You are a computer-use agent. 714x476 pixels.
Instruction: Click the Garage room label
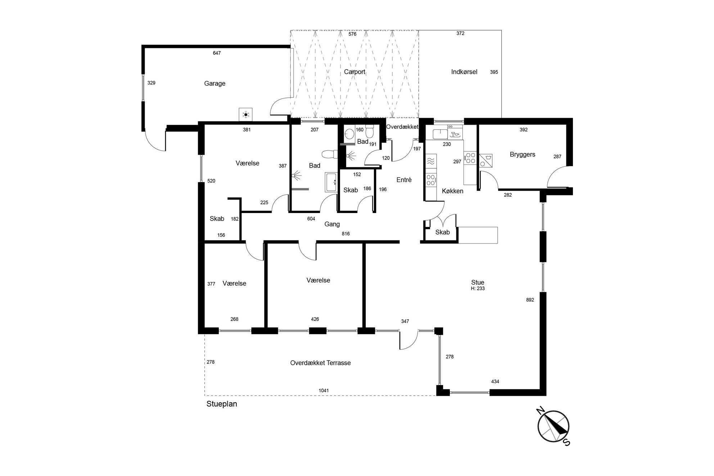coord(214,83)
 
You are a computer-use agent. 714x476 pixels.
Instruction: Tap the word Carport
coord(354,72)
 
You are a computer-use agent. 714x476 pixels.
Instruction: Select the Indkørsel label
coord(464,72)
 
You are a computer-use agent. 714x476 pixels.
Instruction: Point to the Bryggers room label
coord(523,155)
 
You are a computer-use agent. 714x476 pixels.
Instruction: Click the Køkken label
coord(452,191)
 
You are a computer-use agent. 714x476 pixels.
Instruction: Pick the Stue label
coord(478,282)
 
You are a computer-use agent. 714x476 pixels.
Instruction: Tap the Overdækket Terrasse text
coord(320,363)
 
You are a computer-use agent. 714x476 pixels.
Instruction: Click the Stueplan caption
coord(222,404)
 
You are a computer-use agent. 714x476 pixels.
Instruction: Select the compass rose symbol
coord(553,426)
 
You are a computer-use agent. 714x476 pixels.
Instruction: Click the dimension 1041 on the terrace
coord(324,390)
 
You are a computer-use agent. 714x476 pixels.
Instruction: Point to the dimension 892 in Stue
coord(530,300)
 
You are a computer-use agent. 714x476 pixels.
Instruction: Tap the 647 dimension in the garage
coord(217,53)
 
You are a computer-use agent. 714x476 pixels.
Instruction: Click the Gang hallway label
coord(332,225)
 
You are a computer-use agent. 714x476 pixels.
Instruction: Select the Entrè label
coord(404,180)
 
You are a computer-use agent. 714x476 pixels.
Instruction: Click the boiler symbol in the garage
coord(246,115)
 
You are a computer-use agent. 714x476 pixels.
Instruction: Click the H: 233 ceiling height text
coord(478,289)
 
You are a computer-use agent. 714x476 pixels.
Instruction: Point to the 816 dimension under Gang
coord(345,234)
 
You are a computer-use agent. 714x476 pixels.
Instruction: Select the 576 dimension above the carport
coord(352,34)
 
